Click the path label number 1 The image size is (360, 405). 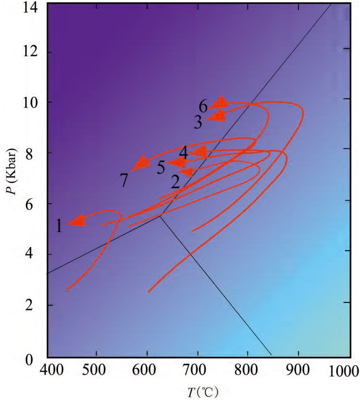[x=59, y=226]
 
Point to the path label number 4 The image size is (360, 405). [x=184, y=153]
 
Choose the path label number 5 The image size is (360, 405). [x=161, y=167]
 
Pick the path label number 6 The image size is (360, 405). [x=203, y=107]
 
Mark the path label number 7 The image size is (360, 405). [x=124, y=180]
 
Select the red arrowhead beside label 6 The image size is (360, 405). [x=218, y=103]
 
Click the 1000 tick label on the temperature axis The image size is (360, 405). [x=345, y=371]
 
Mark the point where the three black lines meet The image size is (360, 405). [x=160, y=216]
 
